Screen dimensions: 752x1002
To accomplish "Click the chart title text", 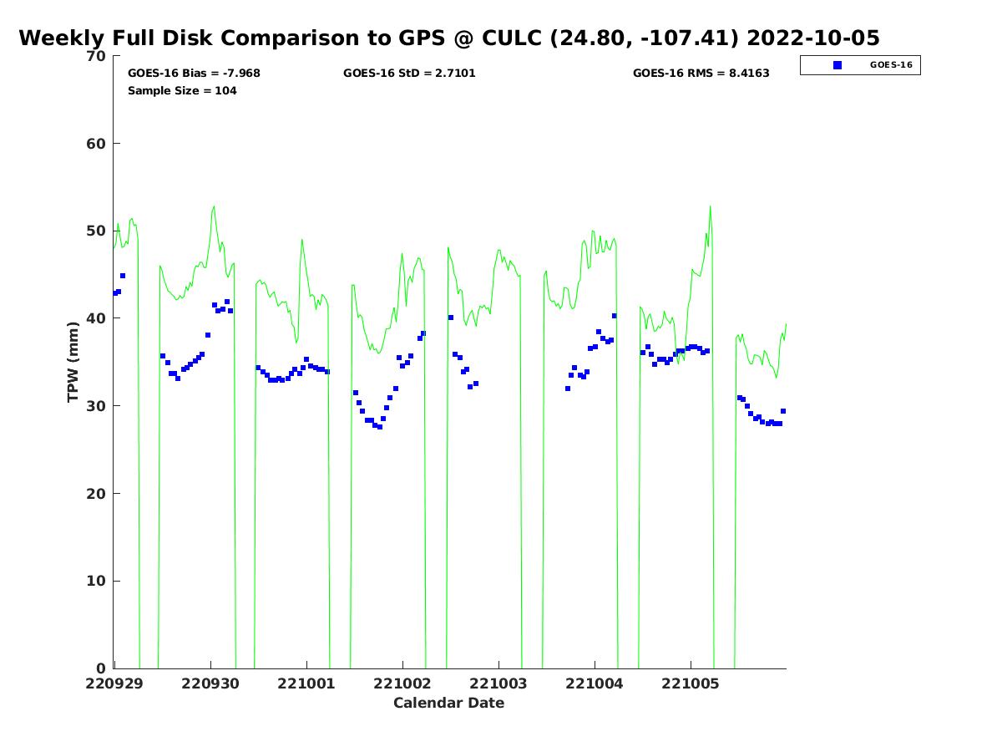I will [x=449, y=38].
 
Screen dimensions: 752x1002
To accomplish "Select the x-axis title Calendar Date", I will [x=449, y=703].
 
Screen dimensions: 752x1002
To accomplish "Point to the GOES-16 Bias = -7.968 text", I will [x=194, y=74].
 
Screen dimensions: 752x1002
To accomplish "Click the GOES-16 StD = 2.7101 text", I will [x=409, y=74].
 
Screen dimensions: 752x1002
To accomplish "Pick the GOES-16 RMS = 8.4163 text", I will [x=701, y=74].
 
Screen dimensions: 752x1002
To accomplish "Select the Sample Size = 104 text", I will [x=182, y=91].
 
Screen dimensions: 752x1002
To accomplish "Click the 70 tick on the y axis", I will [x=97, y=56].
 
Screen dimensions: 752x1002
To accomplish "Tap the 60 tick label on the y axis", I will [x=97, y=144].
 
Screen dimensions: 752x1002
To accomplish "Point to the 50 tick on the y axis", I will [x=97, y=231].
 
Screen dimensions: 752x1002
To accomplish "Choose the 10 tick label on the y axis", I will [x=97, y=581].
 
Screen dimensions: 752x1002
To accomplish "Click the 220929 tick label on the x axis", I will [x=114, y=683].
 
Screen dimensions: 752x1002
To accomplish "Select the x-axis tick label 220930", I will [x=210, y=683].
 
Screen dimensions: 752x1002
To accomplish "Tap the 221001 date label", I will [x=306, y=683].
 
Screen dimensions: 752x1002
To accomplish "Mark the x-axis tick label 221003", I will [x=498, y=683].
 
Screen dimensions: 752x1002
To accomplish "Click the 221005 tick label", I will [x=691, y=683].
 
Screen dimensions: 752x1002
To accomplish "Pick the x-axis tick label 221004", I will [x=595, y=683].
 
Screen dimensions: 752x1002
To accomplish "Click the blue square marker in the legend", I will [x=838, y=64].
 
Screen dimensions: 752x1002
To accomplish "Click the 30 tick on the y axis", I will [x=97, y=406].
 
